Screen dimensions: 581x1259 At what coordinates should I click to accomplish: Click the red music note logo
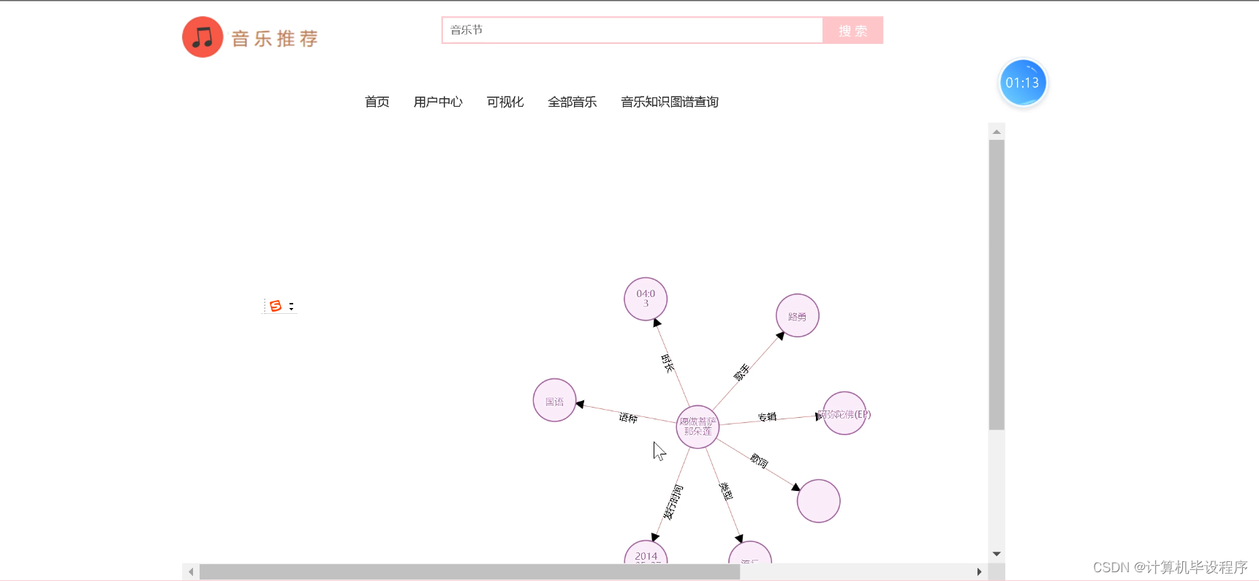point(203,37)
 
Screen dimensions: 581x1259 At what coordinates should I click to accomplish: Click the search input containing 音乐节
point(632,30)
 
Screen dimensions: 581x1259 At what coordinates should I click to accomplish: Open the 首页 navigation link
point(377,102)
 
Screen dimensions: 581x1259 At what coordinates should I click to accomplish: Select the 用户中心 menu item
point(438,102)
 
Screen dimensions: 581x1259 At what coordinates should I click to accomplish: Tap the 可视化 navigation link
point(505,102)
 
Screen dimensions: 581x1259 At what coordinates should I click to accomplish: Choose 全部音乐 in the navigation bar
point(572,102)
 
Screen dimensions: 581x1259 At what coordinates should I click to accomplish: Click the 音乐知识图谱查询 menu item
point(669,102)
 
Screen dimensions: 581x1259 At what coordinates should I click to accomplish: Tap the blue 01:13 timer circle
point(1022,83)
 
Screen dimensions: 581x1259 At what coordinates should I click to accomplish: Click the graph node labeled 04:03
point(646,299)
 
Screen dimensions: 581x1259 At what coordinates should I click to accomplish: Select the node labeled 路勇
point(797,315)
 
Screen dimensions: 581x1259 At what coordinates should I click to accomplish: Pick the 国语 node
point(554,400)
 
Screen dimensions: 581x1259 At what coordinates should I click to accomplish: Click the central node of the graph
point(697,427)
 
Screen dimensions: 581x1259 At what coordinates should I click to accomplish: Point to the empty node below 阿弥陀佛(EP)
point(818,501)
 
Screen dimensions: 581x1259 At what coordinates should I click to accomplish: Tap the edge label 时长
point(668,363)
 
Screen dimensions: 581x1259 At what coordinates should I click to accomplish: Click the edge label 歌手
point(741,372)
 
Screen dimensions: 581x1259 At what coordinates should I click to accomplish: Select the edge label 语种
point(628,417)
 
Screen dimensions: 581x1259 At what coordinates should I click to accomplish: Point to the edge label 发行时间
point(673,502)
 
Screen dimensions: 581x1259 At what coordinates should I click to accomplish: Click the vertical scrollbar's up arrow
point(997,132)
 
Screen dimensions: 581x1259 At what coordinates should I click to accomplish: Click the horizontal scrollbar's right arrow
point(979,571)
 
